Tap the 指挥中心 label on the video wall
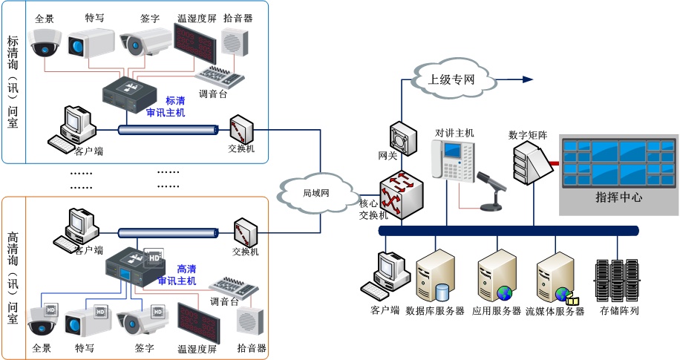pyautogui.click(x=618, y=197)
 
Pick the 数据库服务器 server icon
pyautogui.click(x=435, y=276)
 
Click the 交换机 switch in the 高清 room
pyautogui.click(x=246, y=232)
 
